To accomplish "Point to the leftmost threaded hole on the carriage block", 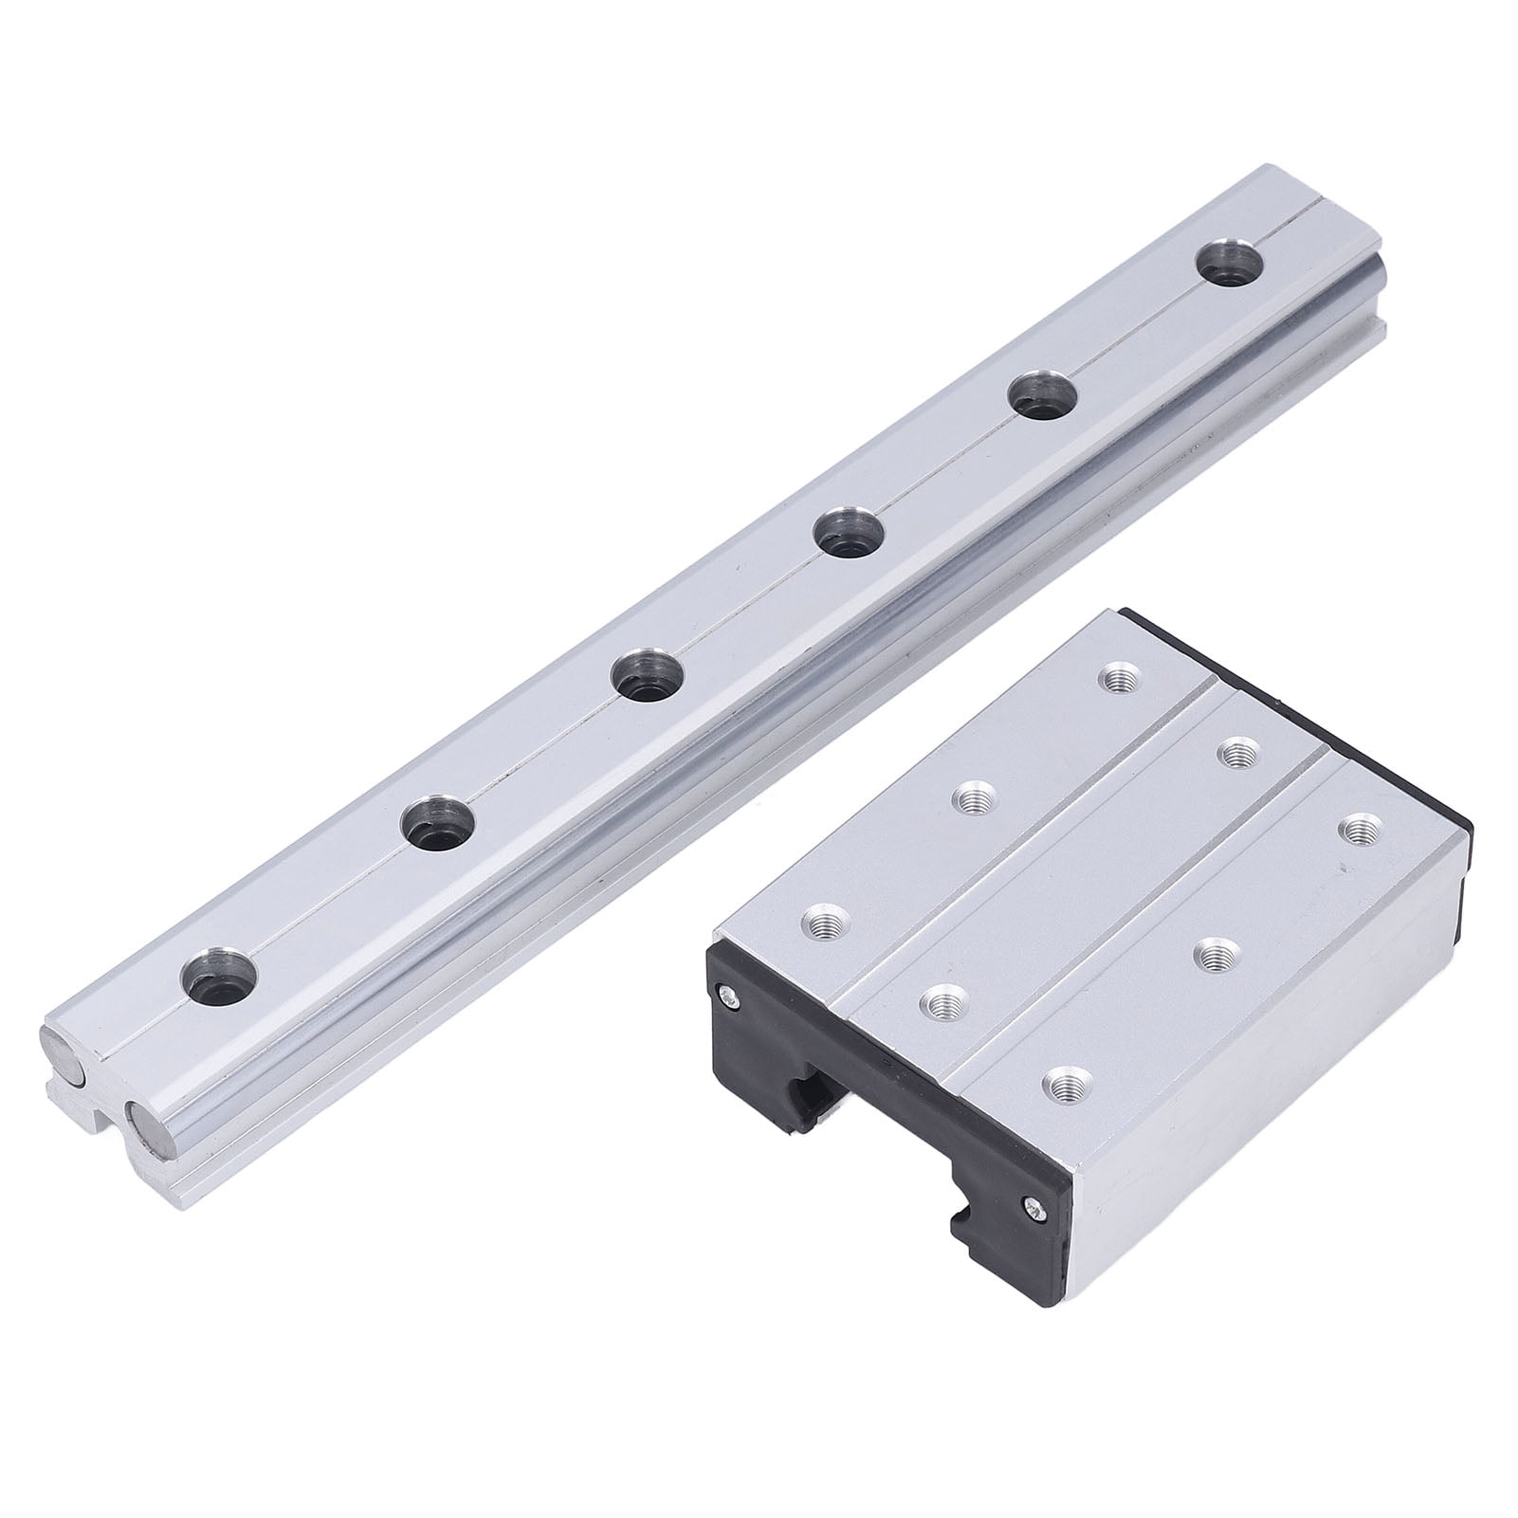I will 827,920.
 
